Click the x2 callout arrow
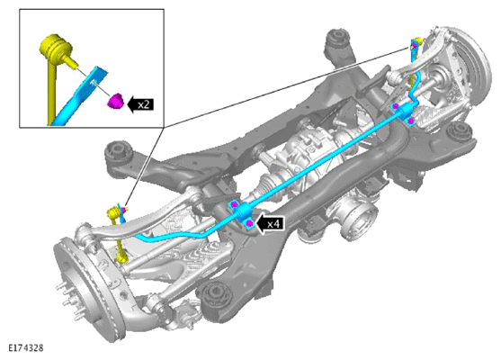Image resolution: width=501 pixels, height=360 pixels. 140,104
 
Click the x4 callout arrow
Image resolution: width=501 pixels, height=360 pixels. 269,223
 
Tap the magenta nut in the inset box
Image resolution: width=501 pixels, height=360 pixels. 115,101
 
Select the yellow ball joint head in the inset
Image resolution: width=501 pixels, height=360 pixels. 54,47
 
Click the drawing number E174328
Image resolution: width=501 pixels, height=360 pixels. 25,348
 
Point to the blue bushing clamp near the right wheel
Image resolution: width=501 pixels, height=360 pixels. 404,113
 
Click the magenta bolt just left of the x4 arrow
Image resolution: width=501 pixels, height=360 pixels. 249,223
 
